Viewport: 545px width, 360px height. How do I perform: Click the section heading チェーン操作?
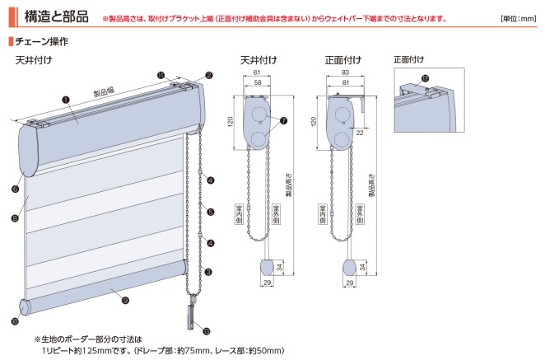41,40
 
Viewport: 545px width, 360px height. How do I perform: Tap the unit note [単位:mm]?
518,18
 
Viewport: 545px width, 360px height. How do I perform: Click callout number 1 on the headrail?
65,99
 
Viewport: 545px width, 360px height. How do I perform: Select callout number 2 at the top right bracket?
209,75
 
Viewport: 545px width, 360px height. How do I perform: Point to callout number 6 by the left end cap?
16,189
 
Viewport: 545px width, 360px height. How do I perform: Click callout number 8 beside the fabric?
16,218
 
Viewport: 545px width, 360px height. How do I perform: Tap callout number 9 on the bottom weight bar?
124,300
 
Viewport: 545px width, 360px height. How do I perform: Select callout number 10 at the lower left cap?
16,322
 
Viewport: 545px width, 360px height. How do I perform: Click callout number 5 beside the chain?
211,212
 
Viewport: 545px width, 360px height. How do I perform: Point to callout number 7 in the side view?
283,120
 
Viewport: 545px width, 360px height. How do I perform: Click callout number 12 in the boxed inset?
424,79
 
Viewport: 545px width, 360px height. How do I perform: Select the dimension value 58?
258,83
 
